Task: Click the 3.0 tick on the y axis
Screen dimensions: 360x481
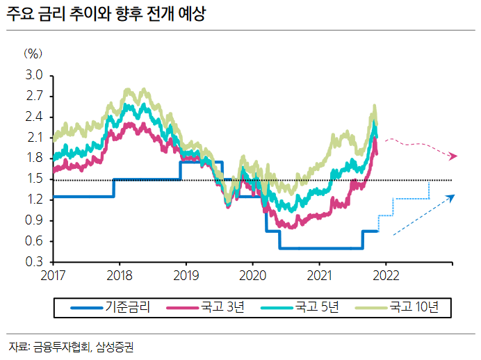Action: coord(34,75)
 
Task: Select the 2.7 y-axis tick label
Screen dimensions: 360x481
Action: coord(34,96)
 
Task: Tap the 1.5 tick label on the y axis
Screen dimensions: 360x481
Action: coord(34,179)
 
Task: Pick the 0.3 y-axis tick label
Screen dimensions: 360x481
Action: coord(34,263)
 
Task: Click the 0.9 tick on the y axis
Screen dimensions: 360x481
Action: coord(34,221)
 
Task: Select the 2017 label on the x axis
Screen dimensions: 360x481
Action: coord(53,275)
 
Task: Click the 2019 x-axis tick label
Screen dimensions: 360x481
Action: coord(186,275)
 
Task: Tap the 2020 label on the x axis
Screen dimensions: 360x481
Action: coord(252,275)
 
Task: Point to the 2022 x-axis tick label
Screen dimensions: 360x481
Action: coord(386,275)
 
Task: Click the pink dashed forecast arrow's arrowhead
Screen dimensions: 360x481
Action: coord(454,156)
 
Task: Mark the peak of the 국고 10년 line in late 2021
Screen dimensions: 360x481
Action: coord(375,106)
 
